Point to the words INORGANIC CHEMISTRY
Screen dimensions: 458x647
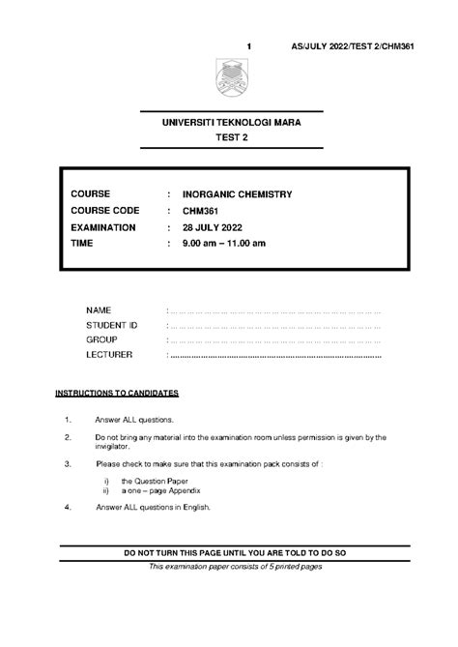[237, 194]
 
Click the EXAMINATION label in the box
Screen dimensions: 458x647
[103, 228]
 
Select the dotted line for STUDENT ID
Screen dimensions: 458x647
[274, 327]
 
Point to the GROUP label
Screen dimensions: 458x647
[101, 340]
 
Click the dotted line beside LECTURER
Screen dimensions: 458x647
[274, 355]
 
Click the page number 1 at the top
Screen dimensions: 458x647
[249, 46]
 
